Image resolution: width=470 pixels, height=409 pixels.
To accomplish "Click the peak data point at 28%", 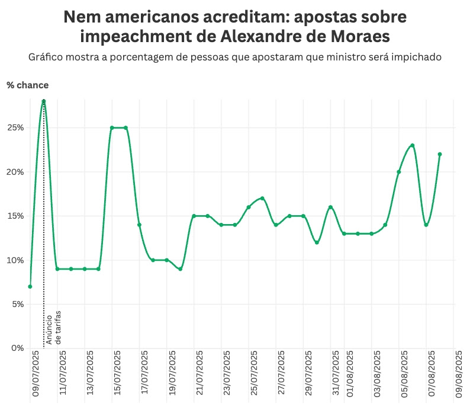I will (44, 101).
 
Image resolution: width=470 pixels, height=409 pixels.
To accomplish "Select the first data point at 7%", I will (30, 286).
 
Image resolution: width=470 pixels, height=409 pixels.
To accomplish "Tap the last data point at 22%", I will (440, 154).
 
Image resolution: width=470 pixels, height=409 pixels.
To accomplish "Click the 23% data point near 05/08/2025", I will (413, 145).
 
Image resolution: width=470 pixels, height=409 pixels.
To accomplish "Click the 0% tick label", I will (17, 348).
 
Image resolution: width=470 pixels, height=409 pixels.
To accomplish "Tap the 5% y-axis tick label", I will (17, 304).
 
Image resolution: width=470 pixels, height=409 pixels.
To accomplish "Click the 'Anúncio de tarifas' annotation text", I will (54, 327).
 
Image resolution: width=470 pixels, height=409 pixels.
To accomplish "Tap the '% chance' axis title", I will (28, 85).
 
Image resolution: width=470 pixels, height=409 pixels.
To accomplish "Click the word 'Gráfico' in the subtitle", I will (45, 57).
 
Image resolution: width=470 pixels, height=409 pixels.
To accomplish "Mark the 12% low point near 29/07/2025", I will (317, 242).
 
